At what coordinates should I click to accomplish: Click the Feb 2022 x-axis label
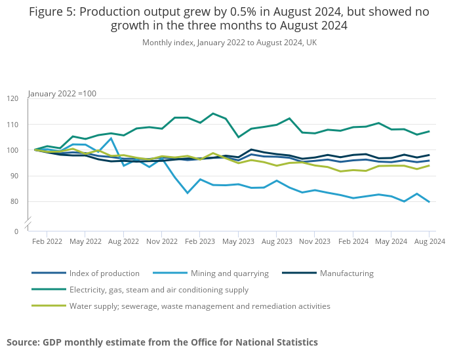47,241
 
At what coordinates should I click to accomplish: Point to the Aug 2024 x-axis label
429,241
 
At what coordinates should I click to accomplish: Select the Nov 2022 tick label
161,241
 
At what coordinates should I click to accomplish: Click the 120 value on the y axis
12,98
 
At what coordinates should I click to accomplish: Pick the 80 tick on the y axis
14,202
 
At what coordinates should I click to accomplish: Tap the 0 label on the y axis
16,231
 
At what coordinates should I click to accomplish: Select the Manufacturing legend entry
347,273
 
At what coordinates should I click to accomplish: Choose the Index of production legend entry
104,273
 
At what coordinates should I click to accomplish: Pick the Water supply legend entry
199,306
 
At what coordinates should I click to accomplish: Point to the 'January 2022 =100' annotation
62,94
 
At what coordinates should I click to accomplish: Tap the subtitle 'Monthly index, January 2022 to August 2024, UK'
229,43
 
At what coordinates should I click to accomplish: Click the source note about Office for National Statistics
162,342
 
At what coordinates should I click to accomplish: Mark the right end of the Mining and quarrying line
429,202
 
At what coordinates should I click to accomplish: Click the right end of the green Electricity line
429,131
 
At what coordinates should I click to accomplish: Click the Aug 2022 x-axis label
123,241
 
